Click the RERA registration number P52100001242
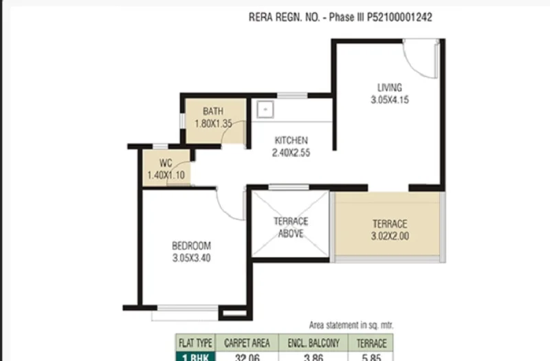click(x=399, y=17)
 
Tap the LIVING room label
click(x=390, y=87)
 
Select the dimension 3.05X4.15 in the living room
click(x=390, y=100)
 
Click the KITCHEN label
click(x=291, y=140)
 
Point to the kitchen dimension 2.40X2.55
click(x=291, y=153)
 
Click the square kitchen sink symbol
click(x=265, y=110)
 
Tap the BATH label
click(x=213, y=111)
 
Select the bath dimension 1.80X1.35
click(x=213, y=124)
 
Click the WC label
click(x=166, y=163)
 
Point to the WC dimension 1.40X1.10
click(x=166, y=175)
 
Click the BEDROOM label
click(x=192, y=245)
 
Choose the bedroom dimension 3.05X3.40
click(x=192, y=258)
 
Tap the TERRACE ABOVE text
click(x=291, y=228)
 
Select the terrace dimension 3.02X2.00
click(x=390, y=236)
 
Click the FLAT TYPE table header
click(x=195, y=342)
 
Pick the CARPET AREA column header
click(x=247, y=342)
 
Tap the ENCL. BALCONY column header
click(x=313, y=342)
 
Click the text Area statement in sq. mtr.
click(x=351, y=325)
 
